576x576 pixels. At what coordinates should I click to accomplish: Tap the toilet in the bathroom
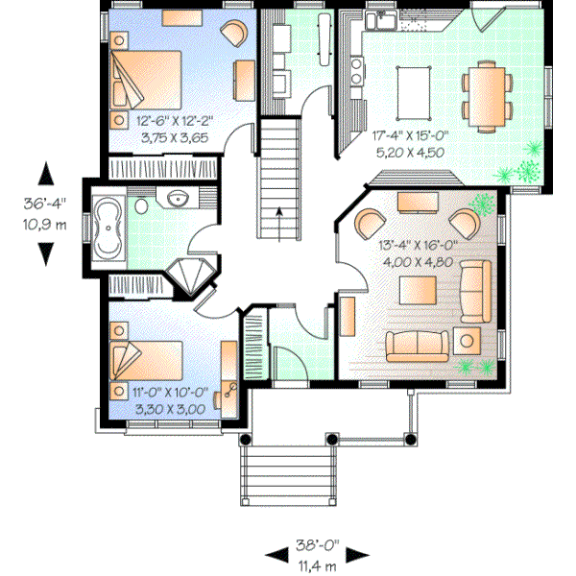coord(141,205)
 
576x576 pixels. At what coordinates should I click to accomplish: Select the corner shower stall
coord(194,276)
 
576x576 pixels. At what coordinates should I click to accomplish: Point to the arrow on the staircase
coord(279,214)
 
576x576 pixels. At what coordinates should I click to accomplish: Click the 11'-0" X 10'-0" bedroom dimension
coord(158,392)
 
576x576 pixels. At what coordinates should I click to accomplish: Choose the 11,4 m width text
coord(317,566)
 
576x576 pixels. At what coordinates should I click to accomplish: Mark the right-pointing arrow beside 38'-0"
coord(358,556)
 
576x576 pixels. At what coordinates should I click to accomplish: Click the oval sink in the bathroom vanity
coord(177,199)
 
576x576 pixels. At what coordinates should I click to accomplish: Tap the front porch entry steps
coord(285,476)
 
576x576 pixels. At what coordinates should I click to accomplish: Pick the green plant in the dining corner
coord(526,171)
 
